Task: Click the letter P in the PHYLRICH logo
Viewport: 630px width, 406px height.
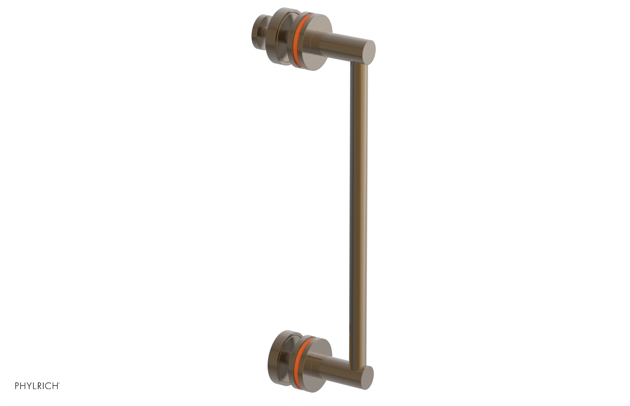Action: pos(17,386)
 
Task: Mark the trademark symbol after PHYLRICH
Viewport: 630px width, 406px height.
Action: pos(59,384)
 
